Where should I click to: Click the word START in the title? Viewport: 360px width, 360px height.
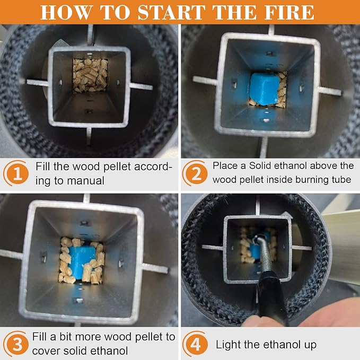tap(171, 12)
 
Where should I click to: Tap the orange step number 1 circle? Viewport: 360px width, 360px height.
tap(16, 173)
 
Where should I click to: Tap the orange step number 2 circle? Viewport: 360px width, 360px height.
tap(195, 173)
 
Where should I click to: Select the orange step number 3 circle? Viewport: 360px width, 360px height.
tap(16, 344)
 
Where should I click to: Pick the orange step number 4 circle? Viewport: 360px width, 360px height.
tap(195, 344)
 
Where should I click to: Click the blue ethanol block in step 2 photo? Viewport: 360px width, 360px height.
tap(265, 90)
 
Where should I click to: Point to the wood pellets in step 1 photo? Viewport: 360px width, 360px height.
tap(90, 75)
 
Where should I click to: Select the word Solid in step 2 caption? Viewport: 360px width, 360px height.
tap(262, 165)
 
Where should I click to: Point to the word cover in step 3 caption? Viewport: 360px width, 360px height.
tap(46, 351)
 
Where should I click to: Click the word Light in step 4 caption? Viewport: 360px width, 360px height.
tap(228, 345)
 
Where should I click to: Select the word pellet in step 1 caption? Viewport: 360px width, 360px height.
tap(117, 166)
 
